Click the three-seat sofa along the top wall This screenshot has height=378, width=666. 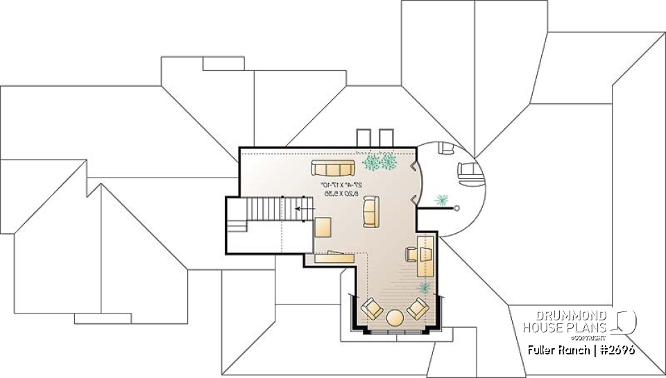tap(333, 167)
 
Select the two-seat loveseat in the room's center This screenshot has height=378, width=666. tap(370, 212)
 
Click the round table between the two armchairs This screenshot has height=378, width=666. tap(396, 318)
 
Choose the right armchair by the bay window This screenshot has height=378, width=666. tap(419, 307)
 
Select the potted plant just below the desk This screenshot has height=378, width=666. tap(424, 286)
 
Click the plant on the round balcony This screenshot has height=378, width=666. tap(441, 201)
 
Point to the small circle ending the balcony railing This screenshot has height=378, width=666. tap(457, 207)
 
